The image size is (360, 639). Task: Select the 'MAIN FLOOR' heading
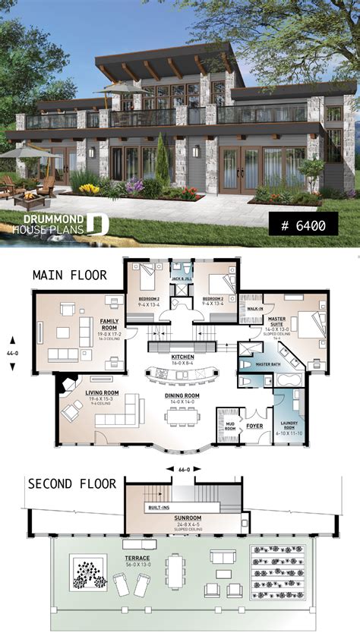tap(69, 275)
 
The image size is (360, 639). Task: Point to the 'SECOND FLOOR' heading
tap(72, 483)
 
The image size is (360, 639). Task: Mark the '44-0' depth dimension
tap(11, 354)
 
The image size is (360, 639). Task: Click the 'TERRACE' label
tap(138, 558)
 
